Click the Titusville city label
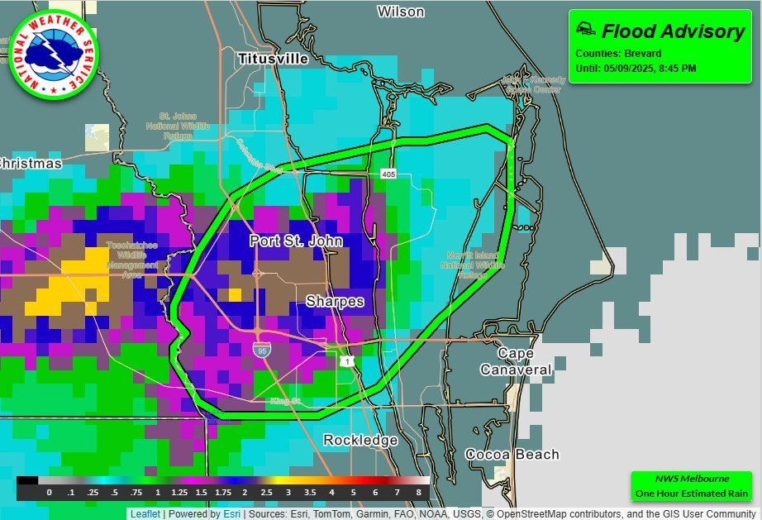(273, 59)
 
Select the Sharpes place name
(335, 302)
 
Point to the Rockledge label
(360, 440)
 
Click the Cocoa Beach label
(512, 455)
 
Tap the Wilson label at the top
(401, 12)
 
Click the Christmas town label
(30, 164)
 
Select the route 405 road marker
(389, 174)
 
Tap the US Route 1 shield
(345, 360)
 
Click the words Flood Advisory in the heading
(673, 31)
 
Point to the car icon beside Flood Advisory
(584, 30)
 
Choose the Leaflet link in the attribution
(145, 513)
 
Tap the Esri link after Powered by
(231, 513)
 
